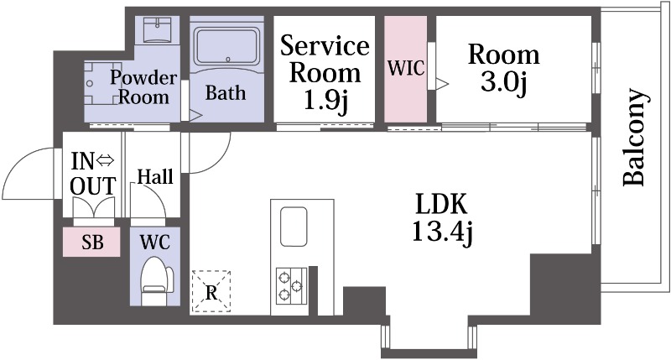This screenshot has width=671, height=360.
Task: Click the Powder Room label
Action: click(x=143, y=87)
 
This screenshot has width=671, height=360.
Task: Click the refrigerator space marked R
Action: click(x=211, y=290)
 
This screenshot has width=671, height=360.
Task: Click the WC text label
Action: click(x=154, y=243)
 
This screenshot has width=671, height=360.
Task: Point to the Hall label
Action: click(x=155, y=177)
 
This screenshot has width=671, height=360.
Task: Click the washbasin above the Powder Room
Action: click(x=157, y=32)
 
